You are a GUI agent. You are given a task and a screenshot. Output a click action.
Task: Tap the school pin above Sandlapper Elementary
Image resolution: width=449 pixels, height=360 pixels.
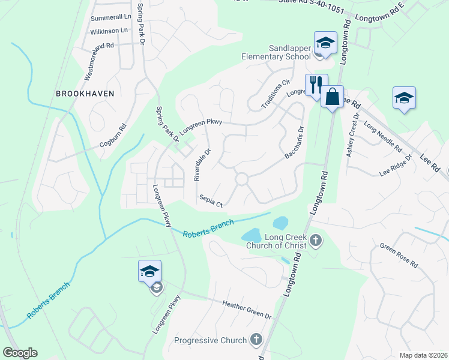click(x=325, y=44)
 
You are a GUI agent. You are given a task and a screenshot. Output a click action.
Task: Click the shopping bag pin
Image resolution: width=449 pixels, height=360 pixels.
click(x=332, y=97)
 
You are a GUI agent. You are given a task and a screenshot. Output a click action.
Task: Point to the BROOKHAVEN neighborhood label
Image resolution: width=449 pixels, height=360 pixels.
click(x=85, y=94)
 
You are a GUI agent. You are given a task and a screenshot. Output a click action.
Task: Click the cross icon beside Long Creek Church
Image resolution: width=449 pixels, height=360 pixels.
click(x=316, y=242)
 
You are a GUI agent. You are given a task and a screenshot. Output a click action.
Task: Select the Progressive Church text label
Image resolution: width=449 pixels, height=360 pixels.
click(x=210, y=340)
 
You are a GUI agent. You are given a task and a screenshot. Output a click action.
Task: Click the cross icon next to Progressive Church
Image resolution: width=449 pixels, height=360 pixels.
click(x=256, y=340)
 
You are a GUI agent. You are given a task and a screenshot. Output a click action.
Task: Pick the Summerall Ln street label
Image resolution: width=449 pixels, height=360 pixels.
click(x=110, y=17)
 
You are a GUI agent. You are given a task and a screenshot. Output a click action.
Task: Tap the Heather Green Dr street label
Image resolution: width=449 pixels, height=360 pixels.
click(x=247, y=310)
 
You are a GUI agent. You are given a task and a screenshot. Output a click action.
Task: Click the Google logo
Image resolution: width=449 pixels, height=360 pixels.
click(x=20, y=353)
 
